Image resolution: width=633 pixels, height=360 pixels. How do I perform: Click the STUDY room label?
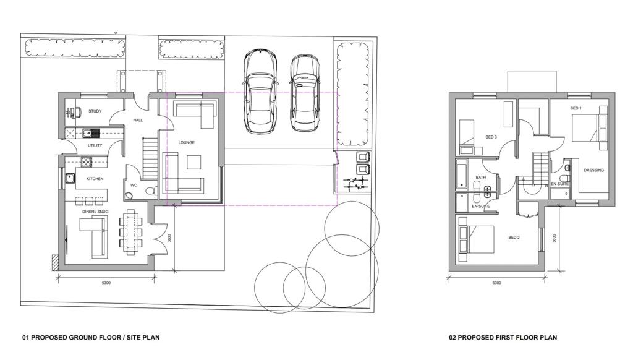(95, 111)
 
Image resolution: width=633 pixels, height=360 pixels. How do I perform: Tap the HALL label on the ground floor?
(138, 120)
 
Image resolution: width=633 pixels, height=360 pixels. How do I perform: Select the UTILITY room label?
(95, 145)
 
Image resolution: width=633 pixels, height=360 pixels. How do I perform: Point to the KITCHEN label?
(95, 179)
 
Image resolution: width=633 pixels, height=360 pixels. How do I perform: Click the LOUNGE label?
(187, 142)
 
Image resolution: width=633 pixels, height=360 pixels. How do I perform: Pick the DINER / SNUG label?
(95, 212)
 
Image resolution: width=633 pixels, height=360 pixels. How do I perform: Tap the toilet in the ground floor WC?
(151, 190)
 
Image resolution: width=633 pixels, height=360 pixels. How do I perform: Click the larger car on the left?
(260, 91)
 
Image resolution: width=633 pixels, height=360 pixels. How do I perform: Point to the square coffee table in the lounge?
(193, 162)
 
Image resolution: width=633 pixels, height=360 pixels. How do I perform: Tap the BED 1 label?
(576, 108)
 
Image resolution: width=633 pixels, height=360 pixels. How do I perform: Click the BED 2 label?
(514, 237)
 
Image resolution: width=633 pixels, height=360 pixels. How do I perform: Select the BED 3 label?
(491, 137)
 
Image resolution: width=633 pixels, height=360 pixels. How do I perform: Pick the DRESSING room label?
(593, 170)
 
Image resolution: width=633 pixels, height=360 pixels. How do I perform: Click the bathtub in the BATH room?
(461, 174)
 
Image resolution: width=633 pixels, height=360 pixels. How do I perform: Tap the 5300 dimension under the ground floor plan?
(106, 283)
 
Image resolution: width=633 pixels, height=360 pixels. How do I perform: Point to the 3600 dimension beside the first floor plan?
(554, 238)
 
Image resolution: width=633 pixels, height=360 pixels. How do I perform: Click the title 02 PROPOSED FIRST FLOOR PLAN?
(503, 337)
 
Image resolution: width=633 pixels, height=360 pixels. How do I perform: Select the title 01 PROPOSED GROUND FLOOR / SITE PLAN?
(91, 337)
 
